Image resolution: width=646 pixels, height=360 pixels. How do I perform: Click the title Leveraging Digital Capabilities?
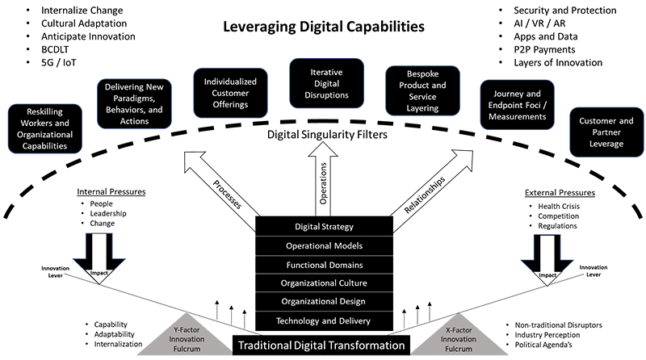(x=323, y=27)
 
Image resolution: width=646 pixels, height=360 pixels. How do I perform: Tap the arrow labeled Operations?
(x=324, y=181)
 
